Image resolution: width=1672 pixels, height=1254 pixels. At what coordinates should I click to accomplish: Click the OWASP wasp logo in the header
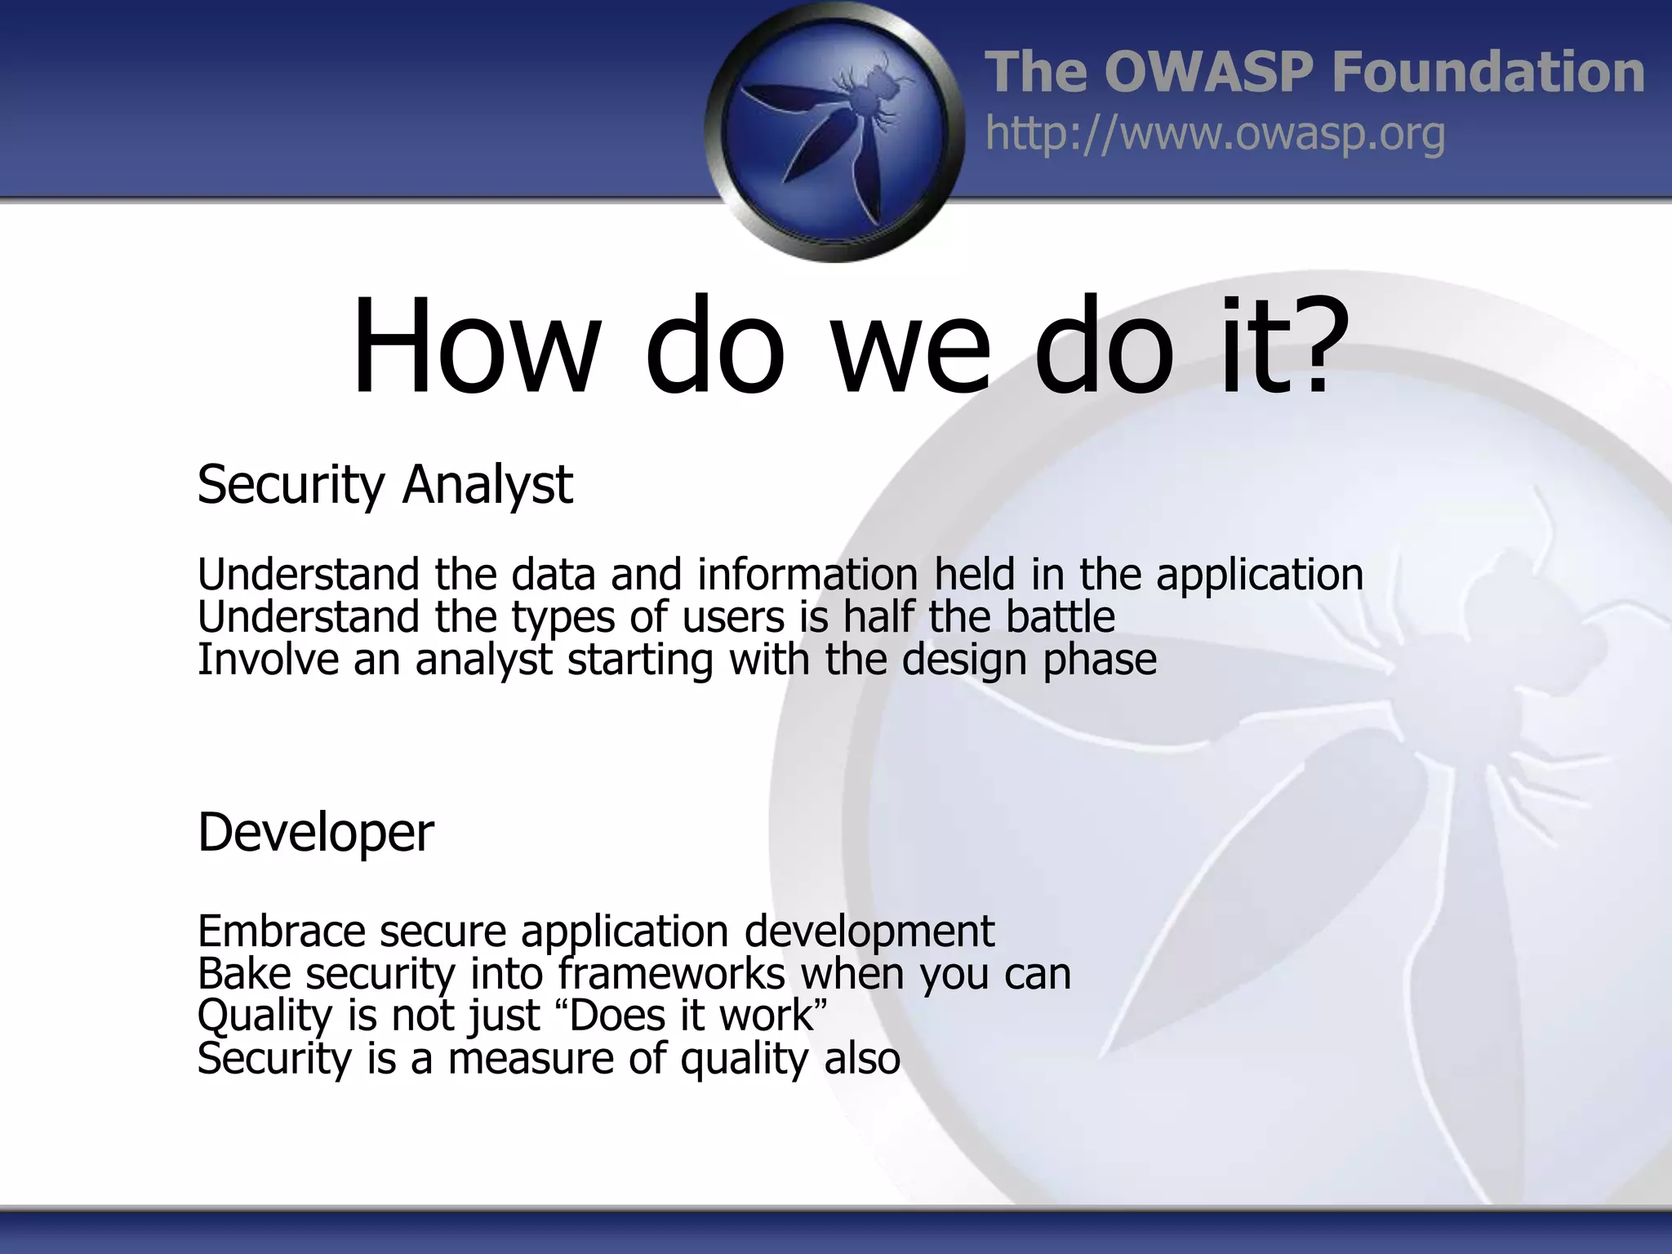pyautogui.click(x=834, y=131)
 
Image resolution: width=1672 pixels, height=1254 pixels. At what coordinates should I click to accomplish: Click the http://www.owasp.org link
pyautogui.click(x=1215, y=134)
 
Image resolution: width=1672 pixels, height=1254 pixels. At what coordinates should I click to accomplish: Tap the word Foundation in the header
pyautogui.click(x=1487, y=72)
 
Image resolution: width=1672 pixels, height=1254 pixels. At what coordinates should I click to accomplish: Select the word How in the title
pyautogui.click(x=473, y=347)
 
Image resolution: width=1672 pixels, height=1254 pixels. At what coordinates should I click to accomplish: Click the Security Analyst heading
pyautogui.click(x=385, y=485)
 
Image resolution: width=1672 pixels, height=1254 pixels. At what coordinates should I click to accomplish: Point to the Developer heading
pyautogui.click(x=315, y=833)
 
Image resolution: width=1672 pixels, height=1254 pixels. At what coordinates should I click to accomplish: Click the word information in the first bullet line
pyautogui.click(x=807, y=574)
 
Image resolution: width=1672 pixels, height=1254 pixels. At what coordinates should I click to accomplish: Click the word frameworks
pyautogui.click(x=671, y=973)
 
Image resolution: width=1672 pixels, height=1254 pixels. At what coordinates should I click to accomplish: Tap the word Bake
pyautogui.click(x=244, y=973)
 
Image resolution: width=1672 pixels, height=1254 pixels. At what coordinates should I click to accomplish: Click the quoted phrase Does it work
pyautogui.click(x=692, y=1016)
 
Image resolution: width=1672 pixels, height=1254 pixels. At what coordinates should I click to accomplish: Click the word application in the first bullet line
pyautogui.click(x=1259, y=574)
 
